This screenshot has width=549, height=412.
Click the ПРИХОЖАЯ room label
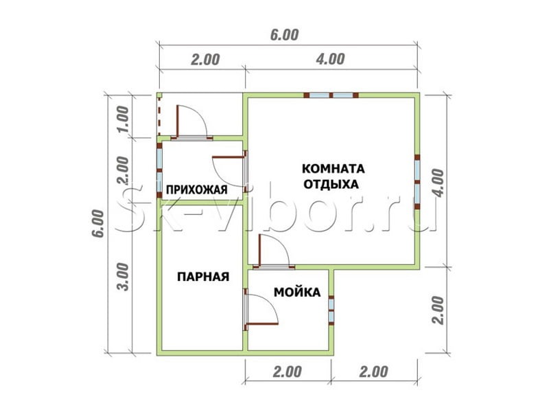[x=196, y=190]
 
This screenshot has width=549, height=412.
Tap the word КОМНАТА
[x=333, y=169]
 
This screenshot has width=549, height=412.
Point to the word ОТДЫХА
[x=331, y=184]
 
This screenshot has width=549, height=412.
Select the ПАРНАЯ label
[x=203, y=277]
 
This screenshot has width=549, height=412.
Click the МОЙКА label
[x=297, y=293]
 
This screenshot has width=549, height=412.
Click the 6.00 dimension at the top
[x=284, y=35]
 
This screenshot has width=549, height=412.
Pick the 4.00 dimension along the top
[x=330, y=59]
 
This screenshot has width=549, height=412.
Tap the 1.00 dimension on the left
[x=124, y=119]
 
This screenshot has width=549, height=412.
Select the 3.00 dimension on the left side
[x=124, y=277]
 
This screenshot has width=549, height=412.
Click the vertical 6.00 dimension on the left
[x=98, y=224]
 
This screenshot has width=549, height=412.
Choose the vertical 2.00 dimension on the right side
[x=438, y=310]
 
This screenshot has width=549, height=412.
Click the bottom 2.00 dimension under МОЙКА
[x=287, y=371]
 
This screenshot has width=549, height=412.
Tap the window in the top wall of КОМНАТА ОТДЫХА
[x=331, y=95]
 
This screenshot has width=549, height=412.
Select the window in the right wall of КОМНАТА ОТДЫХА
[x=417, y=182]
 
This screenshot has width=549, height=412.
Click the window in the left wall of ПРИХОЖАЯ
[x=159, y=170]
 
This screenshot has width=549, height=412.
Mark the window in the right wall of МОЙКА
[x=331, y=310]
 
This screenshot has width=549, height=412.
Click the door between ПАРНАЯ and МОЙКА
[x=261, y=310]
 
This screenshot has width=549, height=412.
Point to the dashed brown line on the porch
[x=159, y=115]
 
